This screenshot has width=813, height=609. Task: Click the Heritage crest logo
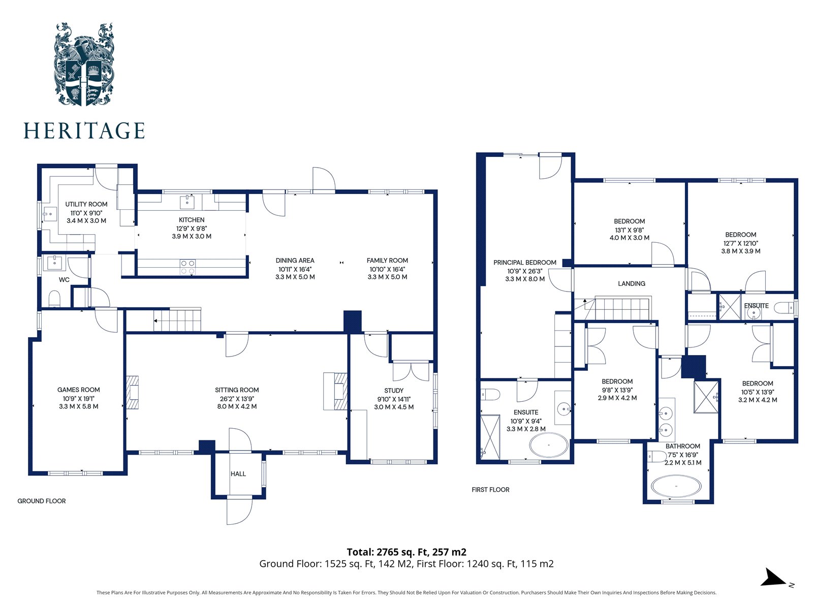[x=84, y=64]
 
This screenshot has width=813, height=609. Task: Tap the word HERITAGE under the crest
[x=84, y=131]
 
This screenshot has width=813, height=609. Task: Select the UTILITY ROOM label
[x=86, y=204]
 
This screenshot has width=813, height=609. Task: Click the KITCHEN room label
[x=192, y=220]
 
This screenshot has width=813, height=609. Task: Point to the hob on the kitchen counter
[x=187, y=267]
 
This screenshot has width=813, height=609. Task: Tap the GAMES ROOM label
[x=79, y=390]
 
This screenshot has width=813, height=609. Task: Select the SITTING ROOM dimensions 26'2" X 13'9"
[x=237, y=399]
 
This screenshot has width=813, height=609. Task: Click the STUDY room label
[x=394, y=391]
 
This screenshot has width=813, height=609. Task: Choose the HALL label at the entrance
[x=238, y=474]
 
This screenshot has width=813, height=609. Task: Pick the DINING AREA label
[x=295, y=261]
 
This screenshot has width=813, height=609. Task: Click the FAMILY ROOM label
[x=387, y=261]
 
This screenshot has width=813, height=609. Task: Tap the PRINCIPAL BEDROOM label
[x=525, y=263]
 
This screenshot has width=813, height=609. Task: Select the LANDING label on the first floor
[x=632, y=283]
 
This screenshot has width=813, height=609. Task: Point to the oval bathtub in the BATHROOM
[x=676, y=486]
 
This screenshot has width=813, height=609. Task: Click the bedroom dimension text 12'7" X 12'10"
[x=741, y=243]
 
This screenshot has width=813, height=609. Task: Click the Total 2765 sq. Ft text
[x=407, y=552]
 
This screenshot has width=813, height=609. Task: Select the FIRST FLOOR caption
[x=490, y=490]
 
